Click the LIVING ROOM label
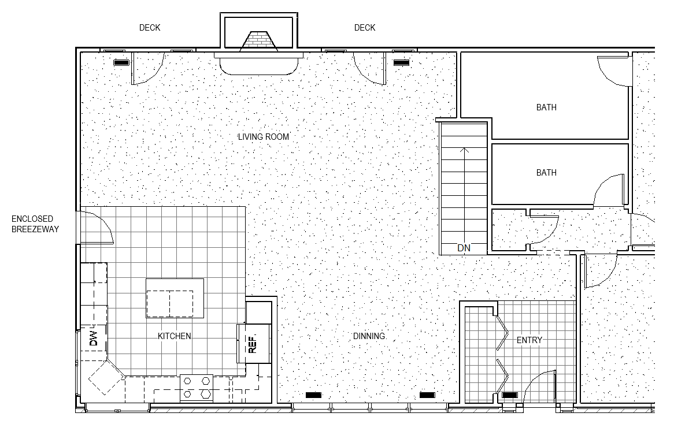pos(264,136)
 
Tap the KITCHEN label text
pos(175,336)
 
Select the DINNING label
pos(369,336)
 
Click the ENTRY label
pos(529,340)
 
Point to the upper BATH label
pos(546,107)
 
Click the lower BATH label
pos(546,172)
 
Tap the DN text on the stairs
pos(464,248)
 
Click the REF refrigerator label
pos(253,344)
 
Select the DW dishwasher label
pos(93,339)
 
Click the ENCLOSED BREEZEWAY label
pos(35,224)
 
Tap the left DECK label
pos(150,28)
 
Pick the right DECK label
pos(365,28)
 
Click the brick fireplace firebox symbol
pos(258,41)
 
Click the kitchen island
pos(175,298)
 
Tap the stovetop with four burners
pos(197,388)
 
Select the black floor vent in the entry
pos(510,395)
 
